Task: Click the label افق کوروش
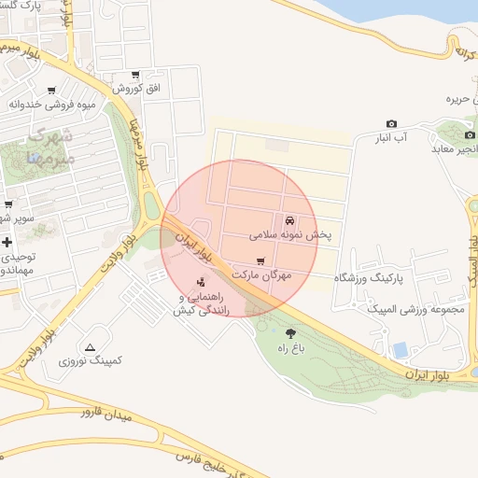(x=137, y=89)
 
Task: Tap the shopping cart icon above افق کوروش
(x=136, y=75)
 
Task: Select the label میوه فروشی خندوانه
(x=53, y=104)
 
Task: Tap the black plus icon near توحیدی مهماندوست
(x=7, y=242)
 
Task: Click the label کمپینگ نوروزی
(x=91, y=360)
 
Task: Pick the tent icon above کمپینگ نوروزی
(x=90, y=347)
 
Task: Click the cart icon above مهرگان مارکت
(x=260, y=261)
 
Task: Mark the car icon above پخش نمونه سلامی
(x=290, y=221)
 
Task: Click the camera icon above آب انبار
(x=391, y=124)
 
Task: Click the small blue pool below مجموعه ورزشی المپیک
(x=401, y=350)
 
